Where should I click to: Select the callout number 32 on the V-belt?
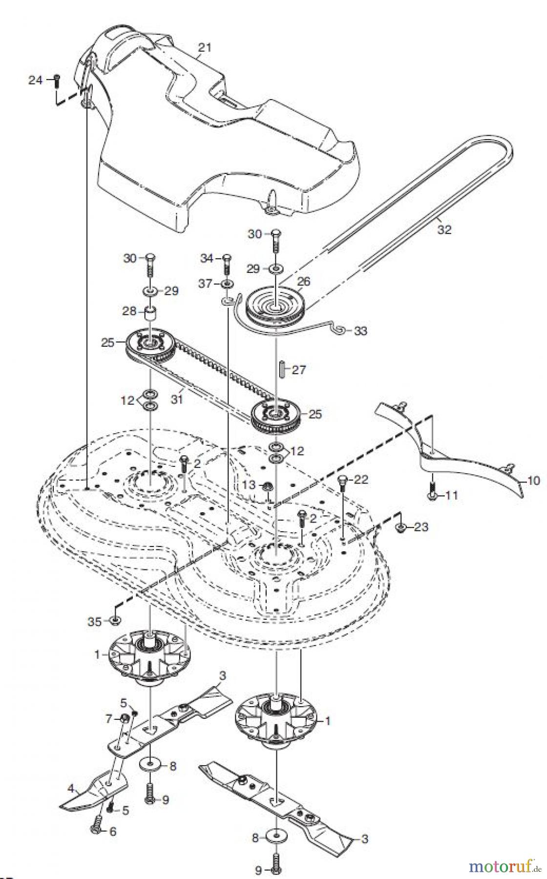444,230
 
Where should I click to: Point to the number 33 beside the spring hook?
361,331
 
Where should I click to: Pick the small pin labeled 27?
282,369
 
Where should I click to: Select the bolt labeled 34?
226,264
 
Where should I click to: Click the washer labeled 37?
227,284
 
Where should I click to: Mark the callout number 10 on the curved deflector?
533,481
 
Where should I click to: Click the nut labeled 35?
116,621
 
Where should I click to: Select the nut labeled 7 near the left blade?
124,718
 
